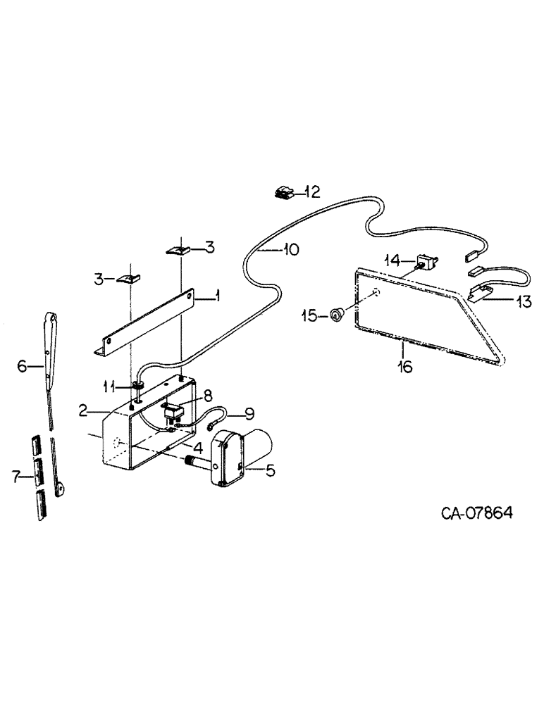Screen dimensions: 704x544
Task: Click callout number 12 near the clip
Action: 311,191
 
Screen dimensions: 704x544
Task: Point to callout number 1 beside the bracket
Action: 217,297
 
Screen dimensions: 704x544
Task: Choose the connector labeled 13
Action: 479,290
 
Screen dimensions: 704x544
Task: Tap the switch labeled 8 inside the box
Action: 173,410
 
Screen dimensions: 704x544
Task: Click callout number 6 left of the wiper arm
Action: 21,365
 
